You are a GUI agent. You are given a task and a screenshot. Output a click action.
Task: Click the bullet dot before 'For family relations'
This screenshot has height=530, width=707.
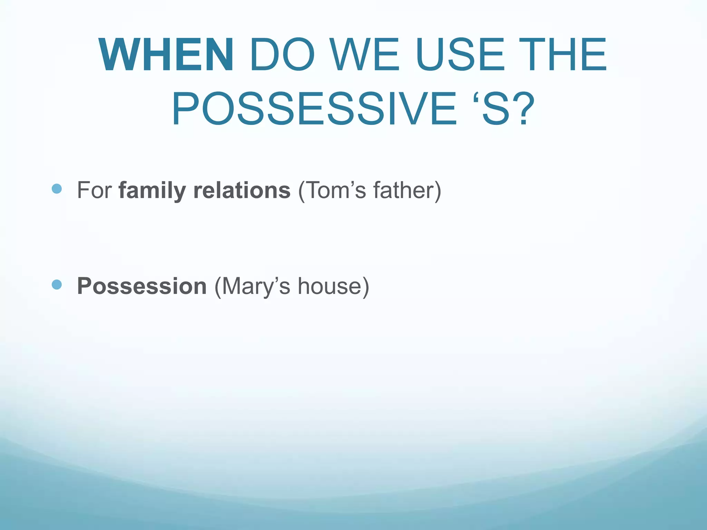tap(56, 188)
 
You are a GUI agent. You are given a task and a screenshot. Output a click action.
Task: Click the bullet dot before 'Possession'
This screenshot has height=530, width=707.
tap(56, 284)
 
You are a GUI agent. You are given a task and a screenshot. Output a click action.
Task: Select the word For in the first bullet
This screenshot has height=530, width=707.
tap(94, 190)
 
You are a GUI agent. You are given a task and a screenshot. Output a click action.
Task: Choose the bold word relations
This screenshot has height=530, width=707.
tap(242, 190)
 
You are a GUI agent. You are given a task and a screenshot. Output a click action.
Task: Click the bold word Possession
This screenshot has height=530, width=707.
tap(142, 286)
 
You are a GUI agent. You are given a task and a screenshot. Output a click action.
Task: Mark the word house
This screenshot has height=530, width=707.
tap(330, 286)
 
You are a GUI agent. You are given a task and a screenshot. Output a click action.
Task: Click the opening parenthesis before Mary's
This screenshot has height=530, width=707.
tap(217, 287)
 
